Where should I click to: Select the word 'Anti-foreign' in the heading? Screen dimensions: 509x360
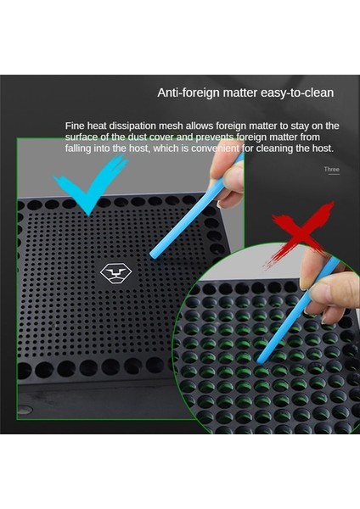pos(188,92)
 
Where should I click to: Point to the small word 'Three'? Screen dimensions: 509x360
pos(331,170)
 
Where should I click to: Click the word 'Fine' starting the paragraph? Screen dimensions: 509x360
pos(75,126)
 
